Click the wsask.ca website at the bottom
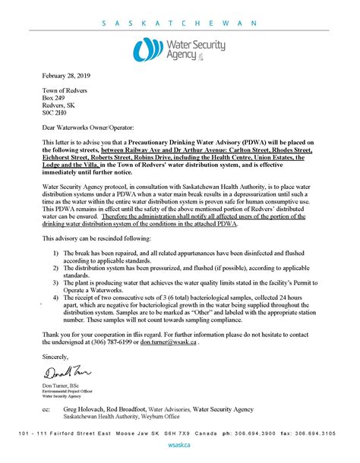(179, 444)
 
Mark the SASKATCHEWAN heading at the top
(180, 23)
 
